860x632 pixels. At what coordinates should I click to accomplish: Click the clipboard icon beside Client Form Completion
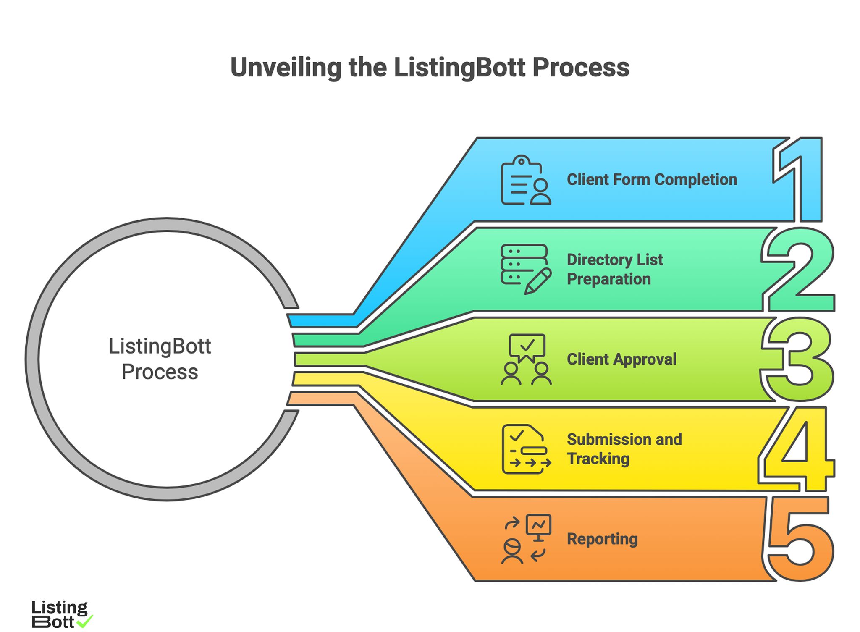(x=525, y=180)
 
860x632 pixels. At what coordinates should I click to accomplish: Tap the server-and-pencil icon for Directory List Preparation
(x=525, y=269)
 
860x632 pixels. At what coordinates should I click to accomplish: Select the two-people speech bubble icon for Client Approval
(x=526, y=359)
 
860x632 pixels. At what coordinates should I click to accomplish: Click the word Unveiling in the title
(x=286, y=67)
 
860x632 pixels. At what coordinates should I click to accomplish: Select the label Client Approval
(x=621, y=359)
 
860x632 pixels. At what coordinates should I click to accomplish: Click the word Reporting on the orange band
(x=602, y=539)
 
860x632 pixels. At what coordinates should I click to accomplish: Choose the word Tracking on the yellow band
(x=598, y=459)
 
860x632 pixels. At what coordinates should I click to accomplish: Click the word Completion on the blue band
(x=695, y=180)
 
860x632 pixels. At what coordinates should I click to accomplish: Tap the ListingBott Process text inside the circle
(x=160, y=359)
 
